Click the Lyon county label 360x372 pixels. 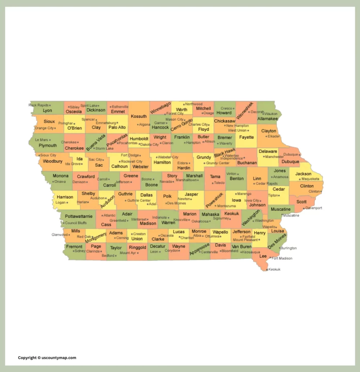click(47, 110)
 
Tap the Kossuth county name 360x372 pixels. click(139, 116)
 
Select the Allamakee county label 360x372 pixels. click(267, 118)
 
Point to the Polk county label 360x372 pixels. click(167, 196)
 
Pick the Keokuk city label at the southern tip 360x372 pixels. click(274, 270)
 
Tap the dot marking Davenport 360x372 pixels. click(304, 208)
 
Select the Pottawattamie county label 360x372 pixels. click(78, 216)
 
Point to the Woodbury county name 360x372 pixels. click(53, 161)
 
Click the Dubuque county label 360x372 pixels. click(290, 162)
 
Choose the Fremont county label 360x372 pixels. click(74, 246)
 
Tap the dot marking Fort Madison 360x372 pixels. click(270, 258)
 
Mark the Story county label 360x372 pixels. click(172, 176)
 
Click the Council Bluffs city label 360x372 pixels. click(76, 223)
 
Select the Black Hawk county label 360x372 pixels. click(225, 153)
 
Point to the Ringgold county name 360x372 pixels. click(137, 247)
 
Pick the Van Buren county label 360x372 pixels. click(242, 246)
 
